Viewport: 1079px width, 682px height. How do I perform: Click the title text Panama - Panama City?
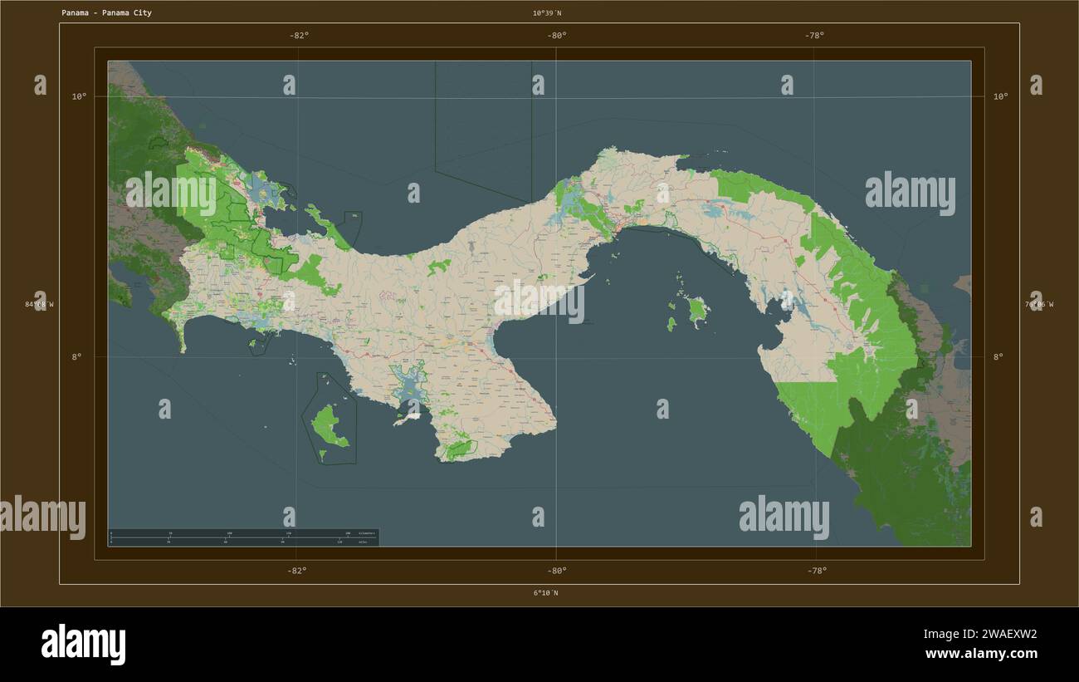coord(106,13)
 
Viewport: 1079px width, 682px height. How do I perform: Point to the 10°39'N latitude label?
coord(547,13)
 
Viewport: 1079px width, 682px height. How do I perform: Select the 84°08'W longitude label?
coord(39,304)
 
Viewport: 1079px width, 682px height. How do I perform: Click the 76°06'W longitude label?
coord(1038,304)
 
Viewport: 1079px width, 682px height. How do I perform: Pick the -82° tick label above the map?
coord(299,35)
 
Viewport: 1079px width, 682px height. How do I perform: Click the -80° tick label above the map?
coord(557,35)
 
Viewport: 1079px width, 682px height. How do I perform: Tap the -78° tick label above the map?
coord(814,35)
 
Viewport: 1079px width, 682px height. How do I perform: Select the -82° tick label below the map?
coord(297,570)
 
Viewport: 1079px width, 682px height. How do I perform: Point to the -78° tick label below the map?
coord(816,570)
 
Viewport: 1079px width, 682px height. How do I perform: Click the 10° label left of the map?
coord(79,96)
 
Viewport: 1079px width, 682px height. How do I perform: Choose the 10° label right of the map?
coord(1000,96)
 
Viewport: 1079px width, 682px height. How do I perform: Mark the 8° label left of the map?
coord(79,357)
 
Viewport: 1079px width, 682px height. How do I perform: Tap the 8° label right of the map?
coord(998,357)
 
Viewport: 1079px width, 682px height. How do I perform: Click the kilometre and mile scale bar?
coord(243,537)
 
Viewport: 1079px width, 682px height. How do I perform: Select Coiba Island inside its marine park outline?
coord(330,425)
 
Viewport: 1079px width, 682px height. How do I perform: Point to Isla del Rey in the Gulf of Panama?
coord(698,311)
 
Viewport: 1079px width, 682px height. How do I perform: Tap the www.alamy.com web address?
coord(981,654)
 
